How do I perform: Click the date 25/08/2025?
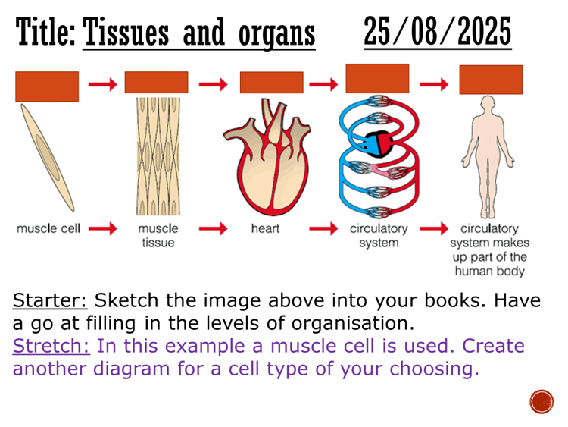click(437, 33)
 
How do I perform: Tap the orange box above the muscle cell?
click(46, 86)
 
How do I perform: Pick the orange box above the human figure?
click(490, 80)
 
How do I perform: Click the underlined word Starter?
click(50, 300)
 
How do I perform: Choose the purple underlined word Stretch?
click(50, 346)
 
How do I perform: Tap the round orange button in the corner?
click(541, 401)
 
